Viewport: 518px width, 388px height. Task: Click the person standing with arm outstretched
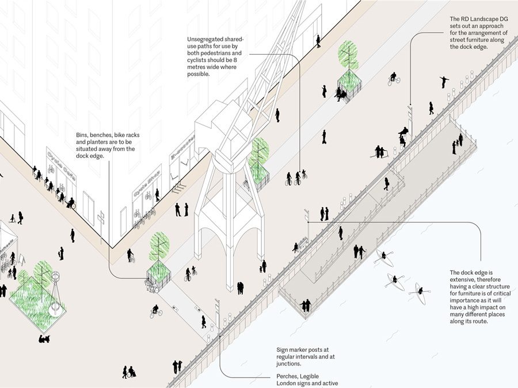pyautogui.click(x=444, y=82)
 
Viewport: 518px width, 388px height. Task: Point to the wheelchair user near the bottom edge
pyautogui.click(x=132, y=372)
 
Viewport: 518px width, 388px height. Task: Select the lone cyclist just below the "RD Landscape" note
pyautogui.click(x=394, y=79)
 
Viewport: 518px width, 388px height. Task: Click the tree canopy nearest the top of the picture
pyautogui.click(x=346, y=53)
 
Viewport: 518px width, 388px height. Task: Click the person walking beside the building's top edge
pyautogui.click(x=318, y=41)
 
